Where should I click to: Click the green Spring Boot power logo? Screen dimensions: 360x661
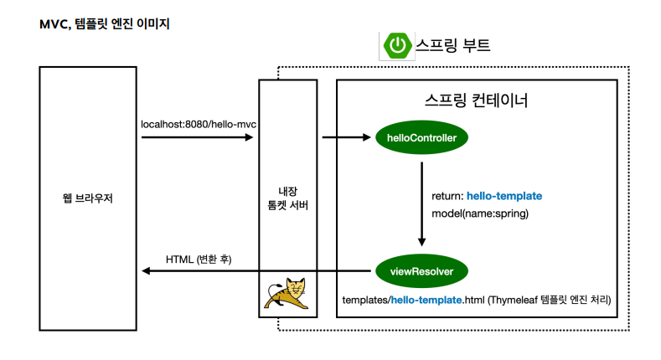[x=397, y=45]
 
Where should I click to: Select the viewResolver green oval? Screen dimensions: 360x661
[x=421, y=271]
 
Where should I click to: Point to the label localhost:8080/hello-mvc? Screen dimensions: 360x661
[x=199, y=125]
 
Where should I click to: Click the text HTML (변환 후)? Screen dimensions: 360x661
[x=199, y=260]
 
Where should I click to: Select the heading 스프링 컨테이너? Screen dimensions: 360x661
[x=476, y=101]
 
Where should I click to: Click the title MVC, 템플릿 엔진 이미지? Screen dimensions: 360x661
[x=104, y=24]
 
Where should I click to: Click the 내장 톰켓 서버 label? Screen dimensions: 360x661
[x=288, y=198]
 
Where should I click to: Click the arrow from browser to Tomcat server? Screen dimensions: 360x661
[x=198, y=137]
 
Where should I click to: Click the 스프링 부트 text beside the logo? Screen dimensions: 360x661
[x=453, y=45]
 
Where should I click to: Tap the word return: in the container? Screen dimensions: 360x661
[x=447, y=196]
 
